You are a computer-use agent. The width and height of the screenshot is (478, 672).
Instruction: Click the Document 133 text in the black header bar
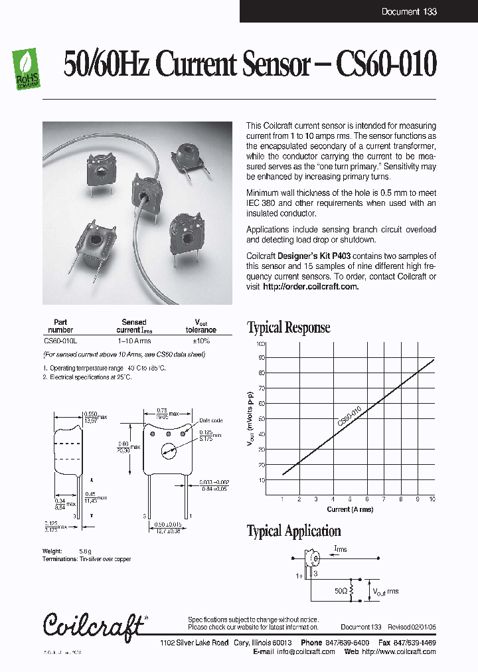pos(409,11)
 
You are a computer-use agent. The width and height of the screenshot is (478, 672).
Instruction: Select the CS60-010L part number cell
pos(60,341)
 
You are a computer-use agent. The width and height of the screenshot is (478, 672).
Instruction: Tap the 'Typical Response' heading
pos(288,327)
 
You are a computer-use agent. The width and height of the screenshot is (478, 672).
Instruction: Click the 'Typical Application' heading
pos(293,531)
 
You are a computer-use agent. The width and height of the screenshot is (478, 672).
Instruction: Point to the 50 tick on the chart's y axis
pos(261,419)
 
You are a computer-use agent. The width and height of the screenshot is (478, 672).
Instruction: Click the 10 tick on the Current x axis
pos(432,499)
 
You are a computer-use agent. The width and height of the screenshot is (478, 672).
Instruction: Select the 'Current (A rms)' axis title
pos(350,509)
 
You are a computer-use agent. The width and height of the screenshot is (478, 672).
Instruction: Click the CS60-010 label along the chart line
pos(349,416)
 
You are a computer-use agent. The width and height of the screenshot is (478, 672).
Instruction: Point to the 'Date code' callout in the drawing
pos(210,420)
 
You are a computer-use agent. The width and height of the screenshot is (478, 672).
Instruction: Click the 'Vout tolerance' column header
pos(200,325)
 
